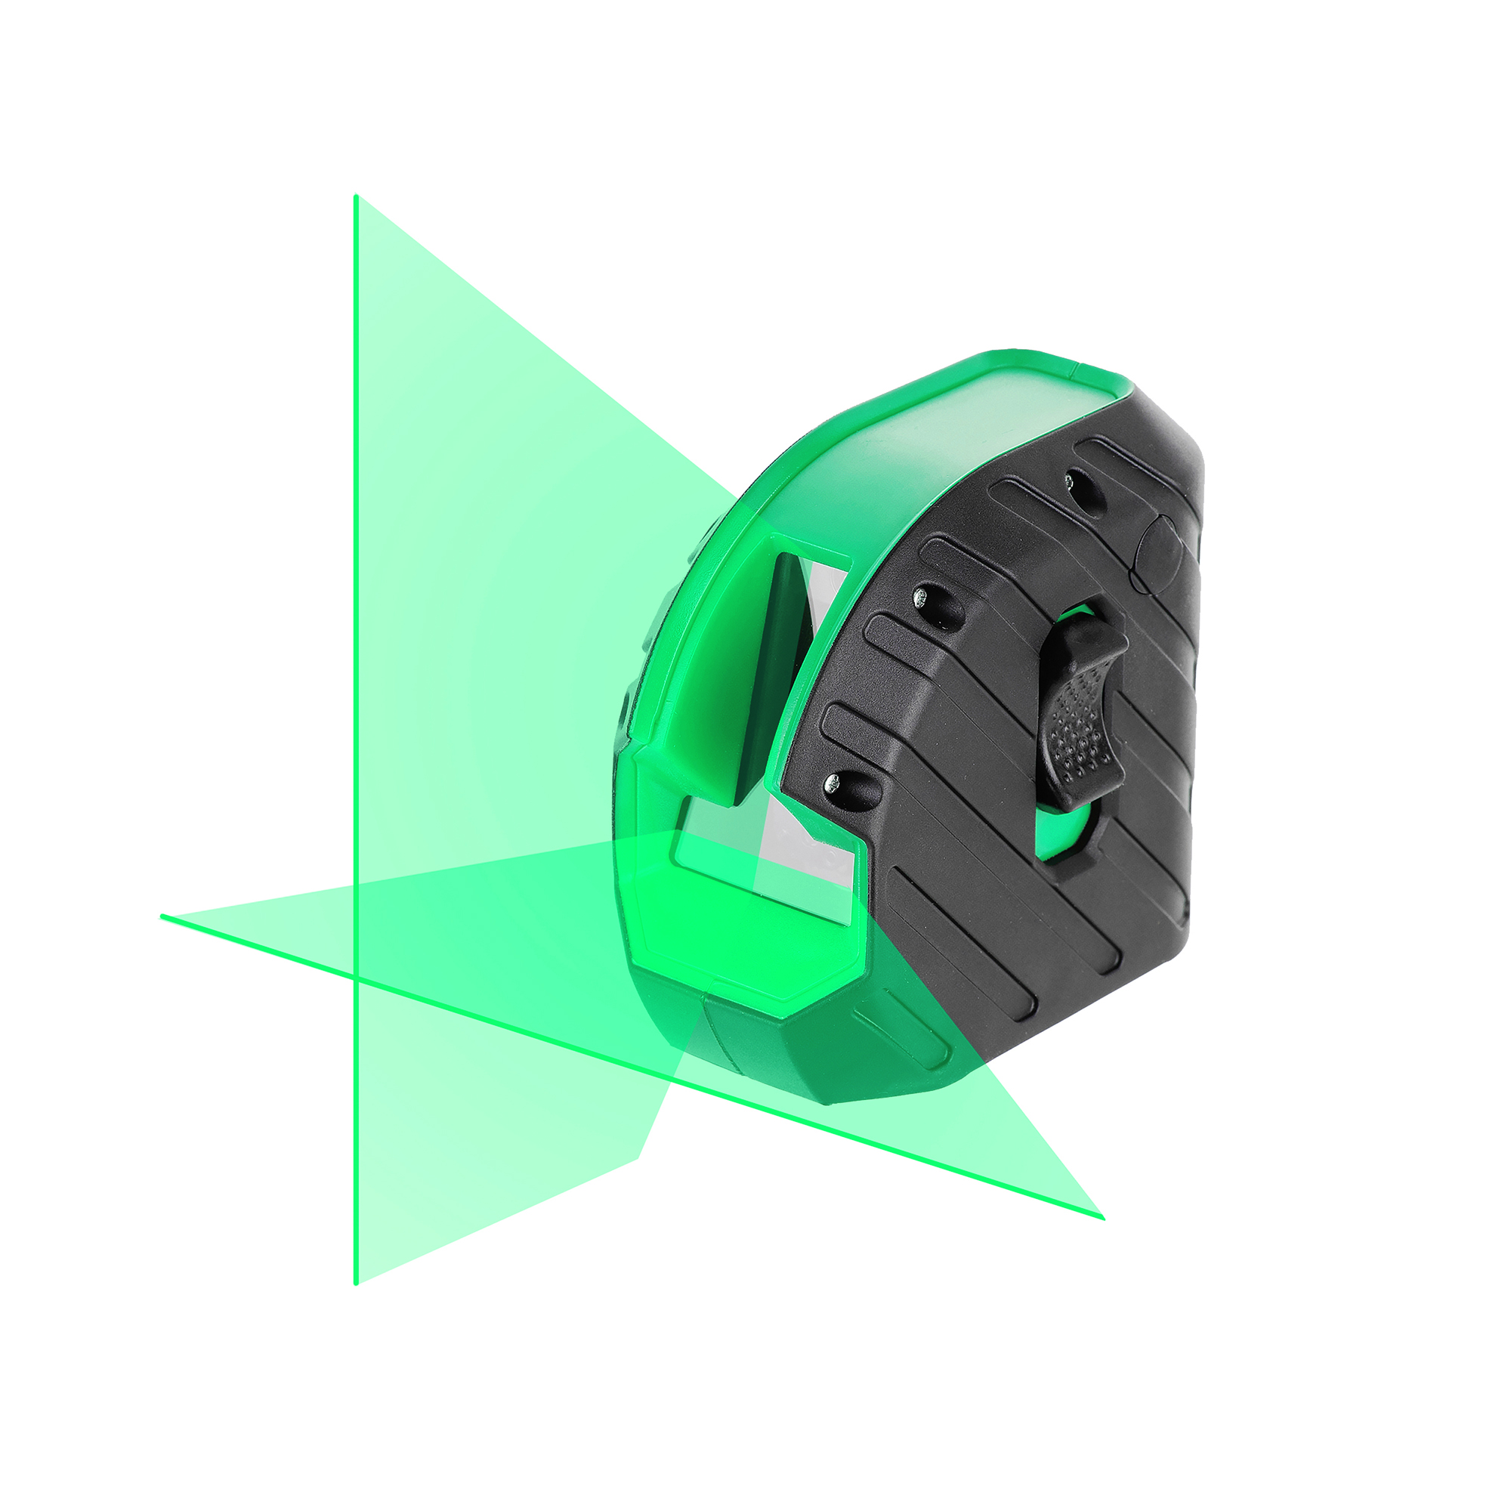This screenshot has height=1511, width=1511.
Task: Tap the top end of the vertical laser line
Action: coord(356,198)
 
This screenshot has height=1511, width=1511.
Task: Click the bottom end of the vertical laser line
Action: coord(356,1282)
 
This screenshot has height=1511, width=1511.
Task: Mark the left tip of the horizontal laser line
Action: coord(162,916)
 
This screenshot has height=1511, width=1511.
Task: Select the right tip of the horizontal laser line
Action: coord(1102,1218)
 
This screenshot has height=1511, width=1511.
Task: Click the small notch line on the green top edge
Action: coord(1073,369)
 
